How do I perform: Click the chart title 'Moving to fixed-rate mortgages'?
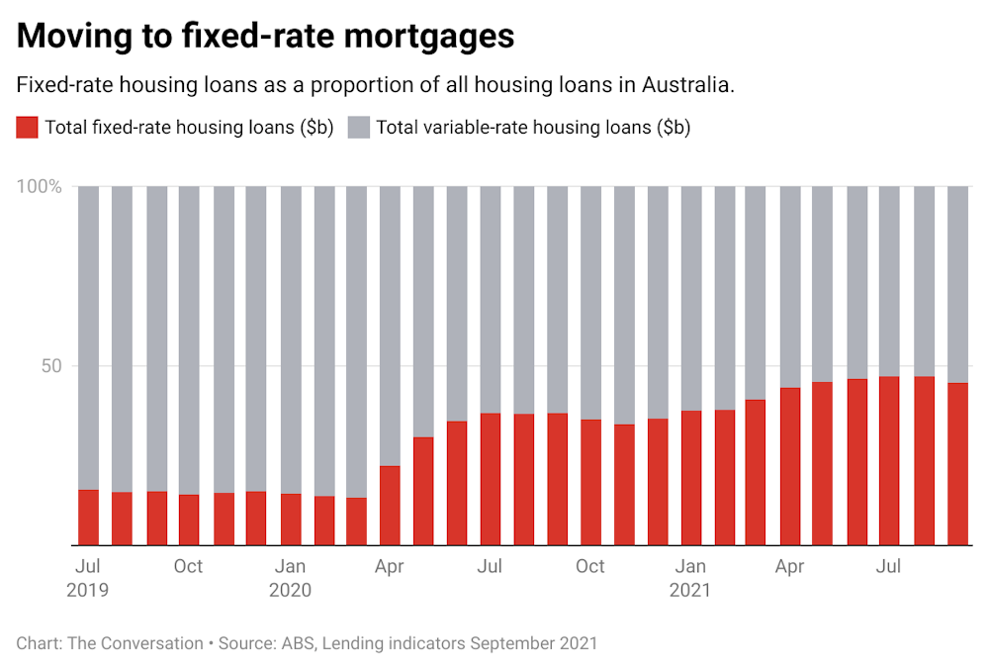click(x=265, y=36)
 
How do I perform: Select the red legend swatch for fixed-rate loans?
click(x=28, y=128)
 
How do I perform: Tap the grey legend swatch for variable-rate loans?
click(x=359, y=128)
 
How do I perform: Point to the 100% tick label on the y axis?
click(x=41, y=186)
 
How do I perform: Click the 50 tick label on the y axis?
click(x=50, y=366)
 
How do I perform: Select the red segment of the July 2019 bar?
click(x=88, y=518)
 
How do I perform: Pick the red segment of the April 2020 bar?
click(x=390, y=506)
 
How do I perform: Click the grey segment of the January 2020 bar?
click(x=290, y=336)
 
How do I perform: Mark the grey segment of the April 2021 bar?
click(x=790, y=287)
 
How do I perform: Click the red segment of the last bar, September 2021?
click(x=957, y=464)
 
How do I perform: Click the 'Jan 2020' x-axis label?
click(x=290, y=578)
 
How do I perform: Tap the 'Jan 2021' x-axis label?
click(x=690, y=578)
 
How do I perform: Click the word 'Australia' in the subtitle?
click(x=686, y=85)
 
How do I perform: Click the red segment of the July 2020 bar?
click(x=491, y=479)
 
